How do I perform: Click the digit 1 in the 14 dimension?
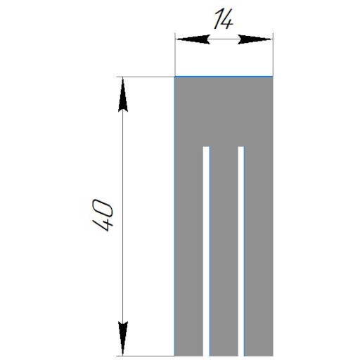[x=219, y=19]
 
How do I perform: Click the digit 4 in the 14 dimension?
[x=226, y=20]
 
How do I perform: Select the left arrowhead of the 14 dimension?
[x=193, y=39]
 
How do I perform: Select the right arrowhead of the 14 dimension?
[x=255, y=39]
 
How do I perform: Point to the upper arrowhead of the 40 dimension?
[x=123, y=95]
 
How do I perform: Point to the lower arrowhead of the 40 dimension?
[x=123, y=339]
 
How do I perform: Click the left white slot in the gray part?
[x=206, y=251]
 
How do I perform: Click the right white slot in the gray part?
[x=241, y=251]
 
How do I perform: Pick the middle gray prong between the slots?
[x=224, y=251]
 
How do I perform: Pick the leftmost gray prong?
[x=189, y=251]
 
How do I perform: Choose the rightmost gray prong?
[x=259, y=251]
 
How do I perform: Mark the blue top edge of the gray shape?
[x=224, y=77]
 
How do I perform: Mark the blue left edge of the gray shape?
[x=174, y=216]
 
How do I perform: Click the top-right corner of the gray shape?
[x=273, y=77]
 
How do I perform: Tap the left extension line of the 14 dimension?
[x=175, y=54]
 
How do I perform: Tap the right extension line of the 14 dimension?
[x=273, y=54]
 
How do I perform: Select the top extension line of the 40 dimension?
[x=146, y=77]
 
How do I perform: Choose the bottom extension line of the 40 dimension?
[x=146, y=356]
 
